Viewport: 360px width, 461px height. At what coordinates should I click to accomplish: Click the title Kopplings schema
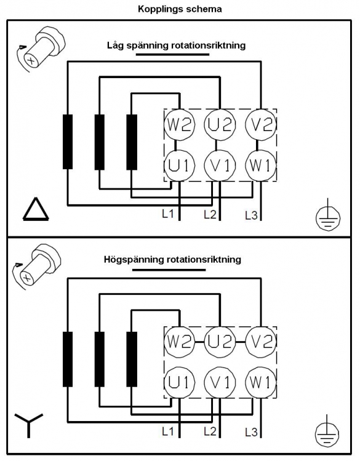pos(180,9)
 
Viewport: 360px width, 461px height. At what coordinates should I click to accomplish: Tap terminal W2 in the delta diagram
pos(179,124)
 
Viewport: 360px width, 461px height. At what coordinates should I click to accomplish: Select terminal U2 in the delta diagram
pos(220,124)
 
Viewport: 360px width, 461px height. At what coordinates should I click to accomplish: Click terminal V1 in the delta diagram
pos(220,166)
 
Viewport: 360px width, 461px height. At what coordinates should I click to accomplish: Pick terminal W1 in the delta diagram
pos(261,166)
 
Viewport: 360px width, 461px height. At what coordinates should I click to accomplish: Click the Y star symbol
pos(29,425)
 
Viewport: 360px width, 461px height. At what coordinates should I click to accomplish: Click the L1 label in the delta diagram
pos(168,214)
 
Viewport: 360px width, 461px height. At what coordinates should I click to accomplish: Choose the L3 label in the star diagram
pos(251,432)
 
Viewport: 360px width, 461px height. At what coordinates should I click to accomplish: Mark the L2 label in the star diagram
pos(210,431)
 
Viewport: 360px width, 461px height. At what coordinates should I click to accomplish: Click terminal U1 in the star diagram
pos(179,382)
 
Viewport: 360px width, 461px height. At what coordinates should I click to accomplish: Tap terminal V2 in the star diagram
pos(261,342)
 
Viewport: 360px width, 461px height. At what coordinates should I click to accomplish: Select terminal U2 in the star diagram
pos(220,342)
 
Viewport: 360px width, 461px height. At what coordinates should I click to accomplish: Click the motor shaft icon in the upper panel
pos(41,49)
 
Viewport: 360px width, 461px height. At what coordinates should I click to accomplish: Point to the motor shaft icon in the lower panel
pos(36,268)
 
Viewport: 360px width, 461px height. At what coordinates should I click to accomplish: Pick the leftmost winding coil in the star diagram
pos(68,359)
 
